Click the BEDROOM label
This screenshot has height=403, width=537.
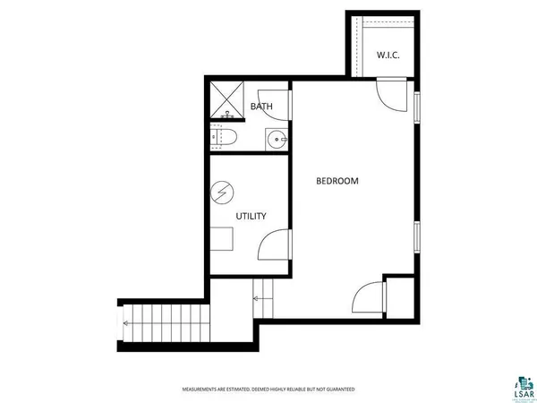(x=337, y=181)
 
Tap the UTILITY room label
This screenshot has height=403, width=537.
(x=251, y=216)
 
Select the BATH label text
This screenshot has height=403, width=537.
(x=261, y=107)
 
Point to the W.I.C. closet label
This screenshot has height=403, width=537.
(x=388, y=56)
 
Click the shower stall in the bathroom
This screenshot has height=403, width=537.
(x=228, y=101)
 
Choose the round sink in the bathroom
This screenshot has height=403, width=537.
(x=275, y=139)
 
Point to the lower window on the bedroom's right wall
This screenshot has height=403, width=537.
(x=417, y=240)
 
